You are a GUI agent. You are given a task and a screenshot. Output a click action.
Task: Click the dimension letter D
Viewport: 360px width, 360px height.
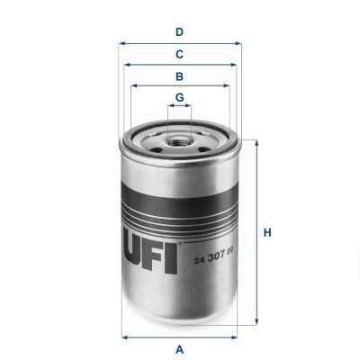pos(180,31)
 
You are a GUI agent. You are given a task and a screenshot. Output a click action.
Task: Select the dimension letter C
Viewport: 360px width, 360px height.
pos(180,54)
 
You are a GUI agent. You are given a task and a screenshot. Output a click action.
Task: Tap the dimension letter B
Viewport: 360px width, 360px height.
pos(180,76)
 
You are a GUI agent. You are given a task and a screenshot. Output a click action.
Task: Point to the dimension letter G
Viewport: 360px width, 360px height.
pos(180,97)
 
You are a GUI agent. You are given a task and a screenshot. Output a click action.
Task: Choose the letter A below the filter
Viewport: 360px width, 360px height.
pos(180,348)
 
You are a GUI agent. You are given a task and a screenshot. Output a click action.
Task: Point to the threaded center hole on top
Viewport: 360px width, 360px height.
pos(180,139)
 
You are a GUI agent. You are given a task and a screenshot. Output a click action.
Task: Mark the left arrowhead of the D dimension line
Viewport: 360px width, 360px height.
pos(121,42)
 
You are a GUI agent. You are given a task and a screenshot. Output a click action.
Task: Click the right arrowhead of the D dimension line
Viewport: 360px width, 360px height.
pos(239,42)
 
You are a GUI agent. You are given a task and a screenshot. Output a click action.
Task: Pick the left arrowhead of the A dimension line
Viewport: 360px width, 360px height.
pos(123,336)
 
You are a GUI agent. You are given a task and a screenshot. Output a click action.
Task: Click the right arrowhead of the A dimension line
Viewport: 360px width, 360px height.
pos(238,336)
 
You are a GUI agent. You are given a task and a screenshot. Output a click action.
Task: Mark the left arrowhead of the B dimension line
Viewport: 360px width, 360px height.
pos(134,86)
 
